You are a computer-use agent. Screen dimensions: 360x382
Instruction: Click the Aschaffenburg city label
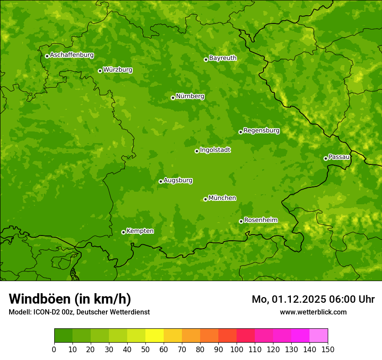tap(72, 55)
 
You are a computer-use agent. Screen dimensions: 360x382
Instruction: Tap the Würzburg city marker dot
tap(100, 71)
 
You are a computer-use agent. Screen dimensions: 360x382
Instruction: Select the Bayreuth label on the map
tap(223, 58)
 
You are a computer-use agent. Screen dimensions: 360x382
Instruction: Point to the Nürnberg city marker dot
tap(173, 98)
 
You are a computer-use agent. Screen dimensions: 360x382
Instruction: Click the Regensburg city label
tap(261, 131)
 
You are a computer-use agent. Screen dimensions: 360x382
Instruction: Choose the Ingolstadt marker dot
tap(197, 151)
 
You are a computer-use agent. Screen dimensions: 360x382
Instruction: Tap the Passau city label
tap(339, 157)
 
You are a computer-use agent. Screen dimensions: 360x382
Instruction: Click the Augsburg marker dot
tap(161, 181)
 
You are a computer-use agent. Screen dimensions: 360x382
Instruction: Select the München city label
tap(222, 198)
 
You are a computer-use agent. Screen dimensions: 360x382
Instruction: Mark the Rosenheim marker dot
tap(241, 221)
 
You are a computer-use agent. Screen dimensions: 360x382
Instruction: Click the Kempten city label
tap(140, 231)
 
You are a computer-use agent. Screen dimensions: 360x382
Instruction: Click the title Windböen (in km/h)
tap(70, 299)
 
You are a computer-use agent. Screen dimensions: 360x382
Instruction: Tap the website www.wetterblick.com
tap(313, 312)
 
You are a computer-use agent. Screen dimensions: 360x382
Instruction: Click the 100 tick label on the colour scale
tap(237, 350)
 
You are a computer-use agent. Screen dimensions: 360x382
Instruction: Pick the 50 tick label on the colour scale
tap(145, 350)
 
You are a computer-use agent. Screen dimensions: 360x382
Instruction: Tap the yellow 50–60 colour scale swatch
tap(155, 336)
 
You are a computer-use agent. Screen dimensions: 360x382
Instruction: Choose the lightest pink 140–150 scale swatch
tap(319, 336)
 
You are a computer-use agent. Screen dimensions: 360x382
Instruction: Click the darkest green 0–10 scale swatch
tap(63, 336)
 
